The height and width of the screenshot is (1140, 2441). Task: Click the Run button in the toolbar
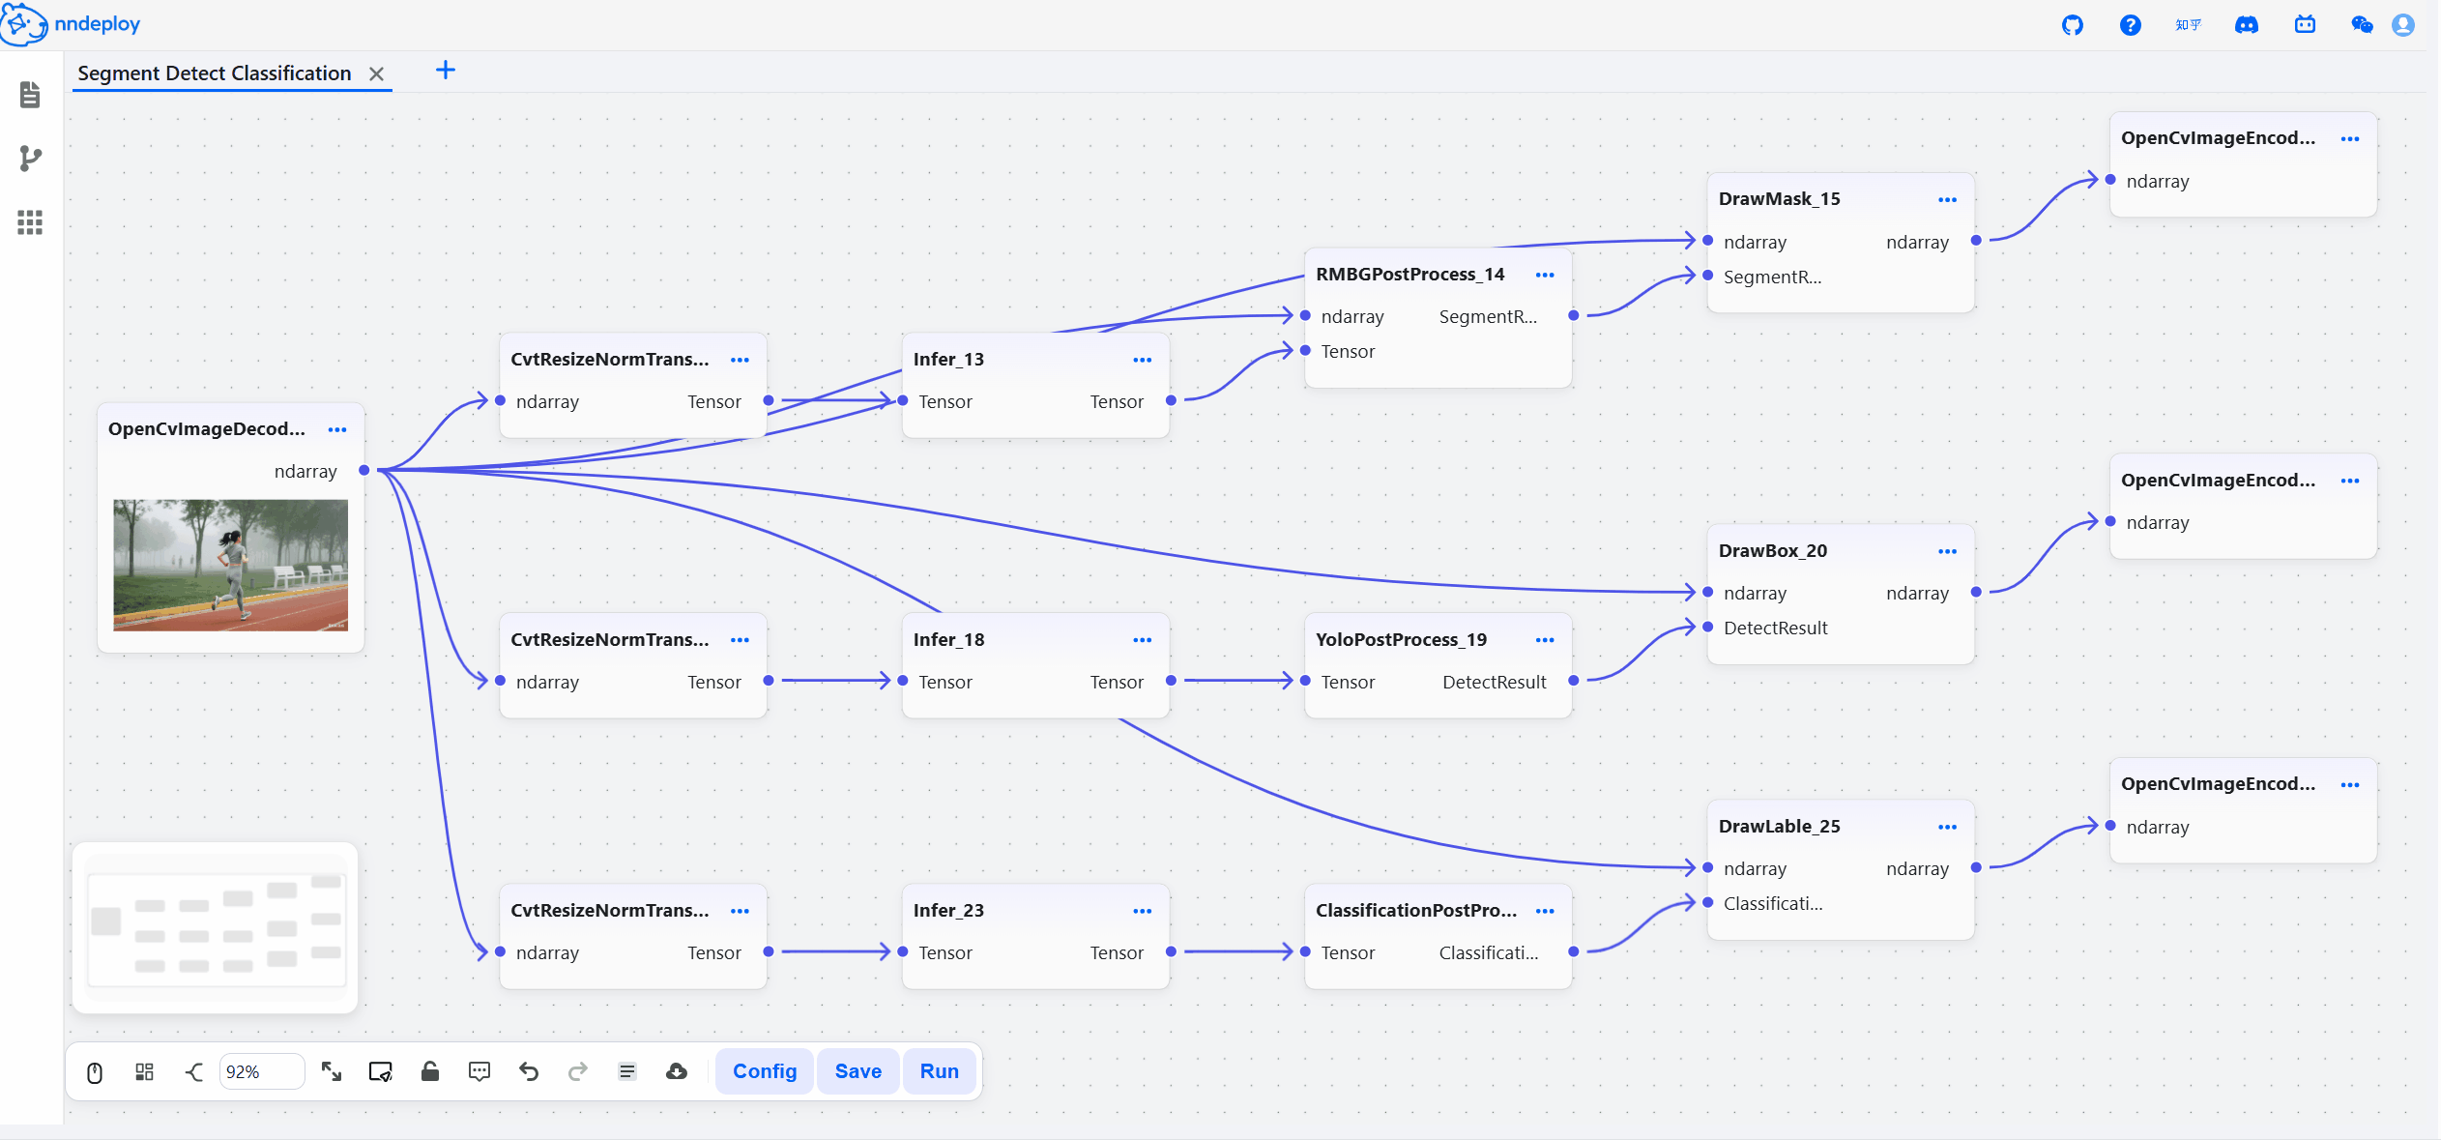pyautogui.click(x=939, y=1071)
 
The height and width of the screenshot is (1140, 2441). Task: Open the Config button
pyautogui.click(x=765, y=1071)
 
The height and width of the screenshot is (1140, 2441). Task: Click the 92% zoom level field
pyautogui.click(x=261, y=1071)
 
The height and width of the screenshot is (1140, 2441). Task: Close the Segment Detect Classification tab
pyautogui.click(x=377, y=73)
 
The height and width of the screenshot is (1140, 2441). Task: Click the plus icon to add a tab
pyautogui.click(x=446, y=70)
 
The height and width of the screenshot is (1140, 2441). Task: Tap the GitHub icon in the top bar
pyautogui.click(x=2072, y=25)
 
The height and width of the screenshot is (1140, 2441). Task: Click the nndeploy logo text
pyautogui.click(x=98, y=24)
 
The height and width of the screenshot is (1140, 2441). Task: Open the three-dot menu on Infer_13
pyautogui.click(x=1142, y=360)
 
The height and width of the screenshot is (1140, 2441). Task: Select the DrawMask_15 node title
pyautogui.click(x=1779, y=198)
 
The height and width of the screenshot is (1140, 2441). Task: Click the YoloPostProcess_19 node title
pyautogui.click(x=1401, y=639)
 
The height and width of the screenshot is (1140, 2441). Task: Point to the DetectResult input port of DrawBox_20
pyautogui.click(x=1708, y=627)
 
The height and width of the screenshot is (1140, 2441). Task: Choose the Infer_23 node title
pyautogui.click(x=948, y=910)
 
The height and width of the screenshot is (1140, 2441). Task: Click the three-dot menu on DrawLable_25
pyautogui.click(x=1947, y=827)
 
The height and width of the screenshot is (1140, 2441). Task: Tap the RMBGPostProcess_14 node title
pyautogui.click(x=1409, y=274)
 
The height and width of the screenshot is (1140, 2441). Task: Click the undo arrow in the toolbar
pyautogui.click(x=529, y=1071)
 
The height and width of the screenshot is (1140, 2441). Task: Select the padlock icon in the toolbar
pyautogui.click(x=430, y=1070)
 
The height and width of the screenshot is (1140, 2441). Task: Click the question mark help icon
pyautogui.click(x=2130, y=25)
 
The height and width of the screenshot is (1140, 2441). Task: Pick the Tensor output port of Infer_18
pyautogui.click(x=1171, y=681)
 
